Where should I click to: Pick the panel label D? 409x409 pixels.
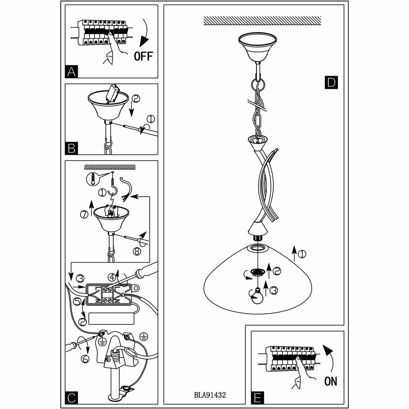tap(330, 83)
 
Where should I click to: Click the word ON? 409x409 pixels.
tap(330, 381)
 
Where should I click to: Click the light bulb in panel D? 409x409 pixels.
tap(258, 296)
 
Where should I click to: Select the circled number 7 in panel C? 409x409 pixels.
tap(85, 214)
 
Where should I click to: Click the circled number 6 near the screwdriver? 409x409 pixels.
tap(85, 358)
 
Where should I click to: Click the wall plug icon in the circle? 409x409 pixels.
tap(93, 178)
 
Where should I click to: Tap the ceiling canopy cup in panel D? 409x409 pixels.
tap(256, 46)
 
